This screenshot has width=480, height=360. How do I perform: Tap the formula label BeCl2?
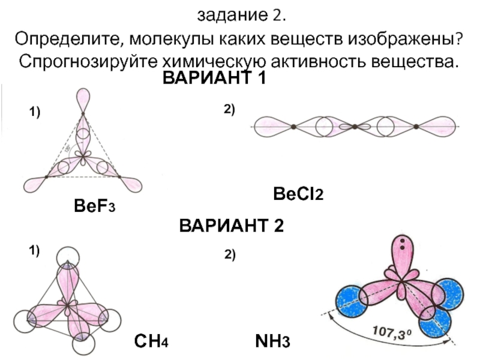(298, 194)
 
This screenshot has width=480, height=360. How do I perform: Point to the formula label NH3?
(272, 343)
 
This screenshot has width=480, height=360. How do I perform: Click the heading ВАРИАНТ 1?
(214, 79)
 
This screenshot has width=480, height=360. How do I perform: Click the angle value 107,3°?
(392, 331)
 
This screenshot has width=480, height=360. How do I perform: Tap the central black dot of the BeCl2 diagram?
(355, 127)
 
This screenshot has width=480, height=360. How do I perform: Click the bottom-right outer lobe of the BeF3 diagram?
(130, 181)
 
